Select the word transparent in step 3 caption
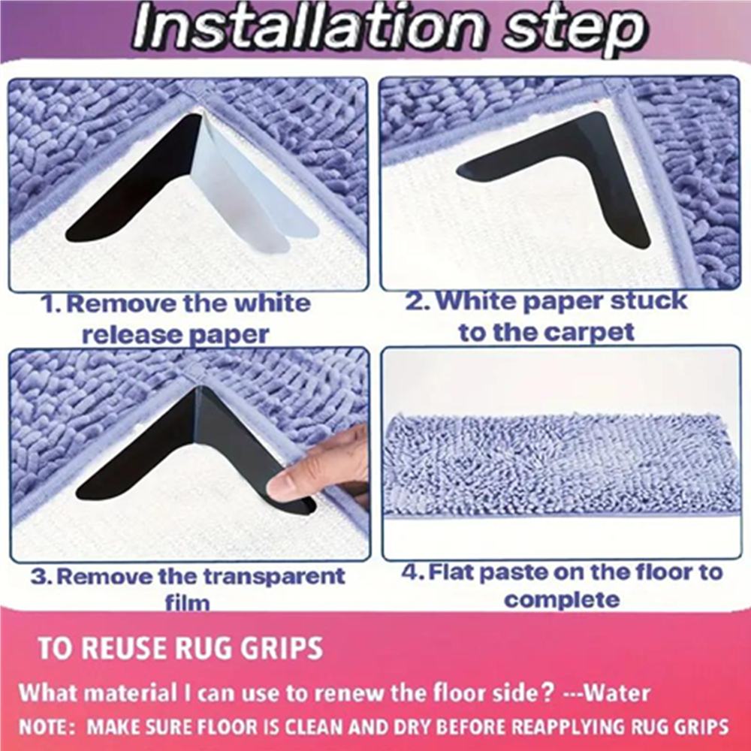[x=273, y=576]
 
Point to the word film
[x=187, y=602]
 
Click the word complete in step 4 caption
[x=562, y=599]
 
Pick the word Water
[x=618, y=693]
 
